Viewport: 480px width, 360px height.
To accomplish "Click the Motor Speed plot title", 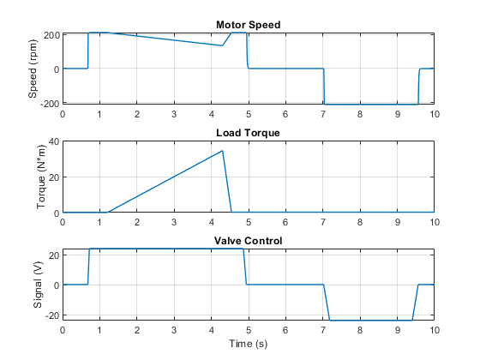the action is [248, 25].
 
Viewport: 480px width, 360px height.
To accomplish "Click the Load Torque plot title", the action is [248, 133].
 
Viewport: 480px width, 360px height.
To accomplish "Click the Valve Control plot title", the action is [248, 241].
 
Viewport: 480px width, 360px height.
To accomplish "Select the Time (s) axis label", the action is [248, 344].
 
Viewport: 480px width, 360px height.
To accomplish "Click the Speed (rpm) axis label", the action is [33, 69].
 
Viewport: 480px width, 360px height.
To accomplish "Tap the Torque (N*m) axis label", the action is [41, 177].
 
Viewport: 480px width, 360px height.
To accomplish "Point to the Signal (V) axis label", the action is [38, 285].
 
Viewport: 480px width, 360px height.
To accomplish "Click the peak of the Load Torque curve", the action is [222, 151].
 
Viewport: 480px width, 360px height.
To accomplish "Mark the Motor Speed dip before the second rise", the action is [222, 45].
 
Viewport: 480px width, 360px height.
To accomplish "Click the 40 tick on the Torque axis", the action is [54, 141].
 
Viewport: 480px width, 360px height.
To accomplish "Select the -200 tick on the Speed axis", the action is [50, 104].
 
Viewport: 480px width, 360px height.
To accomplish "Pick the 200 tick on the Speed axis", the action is [51, 35].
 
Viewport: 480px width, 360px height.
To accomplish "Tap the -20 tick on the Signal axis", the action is [52, 315].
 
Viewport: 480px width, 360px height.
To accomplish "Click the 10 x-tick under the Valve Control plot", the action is [435, 330].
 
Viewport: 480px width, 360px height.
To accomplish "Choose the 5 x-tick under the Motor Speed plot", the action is [249, 115].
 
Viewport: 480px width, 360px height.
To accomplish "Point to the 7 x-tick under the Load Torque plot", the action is [323, 222].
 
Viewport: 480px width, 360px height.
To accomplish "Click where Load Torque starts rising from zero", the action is [108, 213].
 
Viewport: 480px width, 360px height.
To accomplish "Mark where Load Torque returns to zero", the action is [231, 213].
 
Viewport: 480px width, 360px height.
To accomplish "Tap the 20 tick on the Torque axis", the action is [54, 177].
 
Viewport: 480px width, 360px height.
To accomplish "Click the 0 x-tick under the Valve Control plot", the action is [63, 330].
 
